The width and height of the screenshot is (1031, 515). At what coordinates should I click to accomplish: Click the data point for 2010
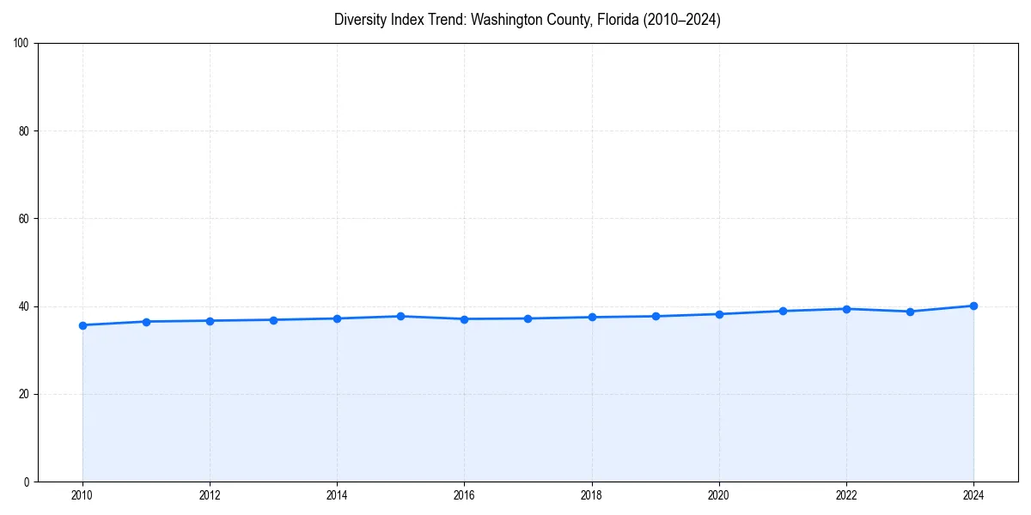point(82,325)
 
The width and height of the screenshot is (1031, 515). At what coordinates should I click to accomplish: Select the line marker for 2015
point(400,316)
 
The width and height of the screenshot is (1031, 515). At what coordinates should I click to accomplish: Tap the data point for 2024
point(973,306)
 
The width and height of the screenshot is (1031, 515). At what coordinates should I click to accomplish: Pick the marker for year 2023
point(910,312)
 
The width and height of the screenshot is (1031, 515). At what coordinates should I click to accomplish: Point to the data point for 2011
point(146,322)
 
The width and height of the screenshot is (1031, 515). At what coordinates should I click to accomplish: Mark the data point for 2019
point(656,316)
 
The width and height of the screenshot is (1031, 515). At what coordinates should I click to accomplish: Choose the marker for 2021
point(783,311)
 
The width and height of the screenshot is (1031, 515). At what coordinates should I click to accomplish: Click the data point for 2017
point(528,318)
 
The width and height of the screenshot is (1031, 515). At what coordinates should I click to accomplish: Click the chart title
point(527,20)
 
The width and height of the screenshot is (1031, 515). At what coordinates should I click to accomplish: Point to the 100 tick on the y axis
point(22,44)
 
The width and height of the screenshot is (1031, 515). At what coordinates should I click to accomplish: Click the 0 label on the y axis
point(27,482)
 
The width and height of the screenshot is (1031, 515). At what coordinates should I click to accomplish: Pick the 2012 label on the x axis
point(210,495)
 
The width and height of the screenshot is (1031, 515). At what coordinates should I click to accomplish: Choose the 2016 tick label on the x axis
point(464,495)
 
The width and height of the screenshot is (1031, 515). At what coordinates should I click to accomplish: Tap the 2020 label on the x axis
point(719,495)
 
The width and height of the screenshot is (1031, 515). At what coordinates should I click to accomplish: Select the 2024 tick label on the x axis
point(973,495)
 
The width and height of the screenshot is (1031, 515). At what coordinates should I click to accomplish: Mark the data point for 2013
point(273,320)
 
